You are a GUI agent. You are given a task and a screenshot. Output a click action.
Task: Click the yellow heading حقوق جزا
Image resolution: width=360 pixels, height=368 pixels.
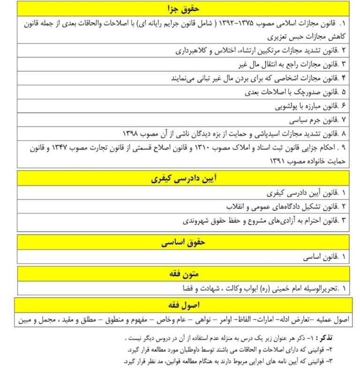(183, 8)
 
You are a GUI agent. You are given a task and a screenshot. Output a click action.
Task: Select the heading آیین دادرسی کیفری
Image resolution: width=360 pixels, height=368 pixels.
(183, 179)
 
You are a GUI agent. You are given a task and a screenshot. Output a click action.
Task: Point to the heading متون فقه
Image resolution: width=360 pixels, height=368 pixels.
(183, 274)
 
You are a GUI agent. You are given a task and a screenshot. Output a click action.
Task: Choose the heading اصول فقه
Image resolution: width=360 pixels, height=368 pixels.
(183, 305)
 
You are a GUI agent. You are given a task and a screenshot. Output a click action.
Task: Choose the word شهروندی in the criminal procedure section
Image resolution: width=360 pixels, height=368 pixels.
(187, 220)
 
